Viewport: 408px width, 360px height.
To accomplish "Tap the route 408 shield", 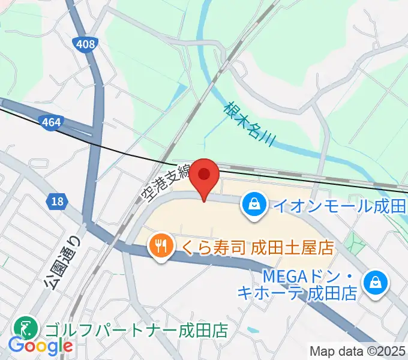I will [x=85, y=43].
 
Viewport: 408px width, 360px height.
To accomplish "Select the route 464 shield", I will [x=51, y=122].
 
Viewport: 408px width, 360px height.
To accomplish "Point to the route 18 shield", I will [x=57, y=203].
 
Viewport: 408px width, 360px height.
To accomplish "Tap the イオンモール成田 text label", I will [x=339, y=206].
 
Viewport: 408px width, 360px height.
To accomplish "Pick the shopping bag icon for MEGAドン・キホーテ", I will [x=376, y=282].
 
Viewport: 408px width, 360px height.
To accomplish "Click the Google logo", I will [x=40, y=346].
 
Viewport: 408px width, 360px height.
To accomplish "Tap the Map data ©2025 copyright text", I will [x=358, y=352].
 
